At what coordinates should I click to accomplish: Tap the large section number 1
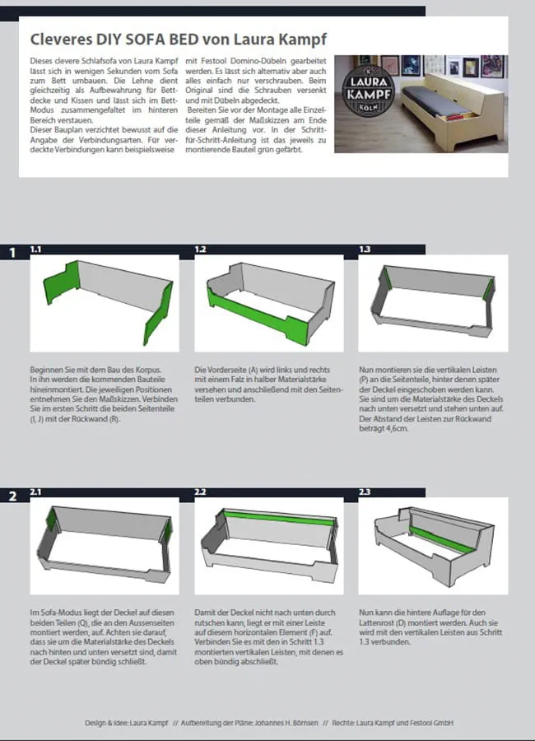coord(13,253)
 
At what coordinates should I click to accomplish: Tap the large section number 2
coord(13,496)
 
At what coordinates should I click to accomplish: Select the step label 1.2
coord(200,249)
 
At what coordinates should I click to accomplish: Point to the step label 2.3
coord(365,492)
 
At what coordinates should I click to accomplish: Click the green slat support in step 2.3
coord(442,539)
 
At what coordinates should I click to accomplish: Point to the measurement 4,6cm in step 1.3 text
coord(396,429)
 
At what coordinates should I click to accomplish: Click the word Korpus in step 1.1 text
coord(147,370)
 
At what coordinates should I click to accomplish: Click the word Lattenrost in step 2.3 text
coord(378,622)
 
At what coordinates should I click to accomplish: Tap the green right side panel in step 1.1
coord(160,311)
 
